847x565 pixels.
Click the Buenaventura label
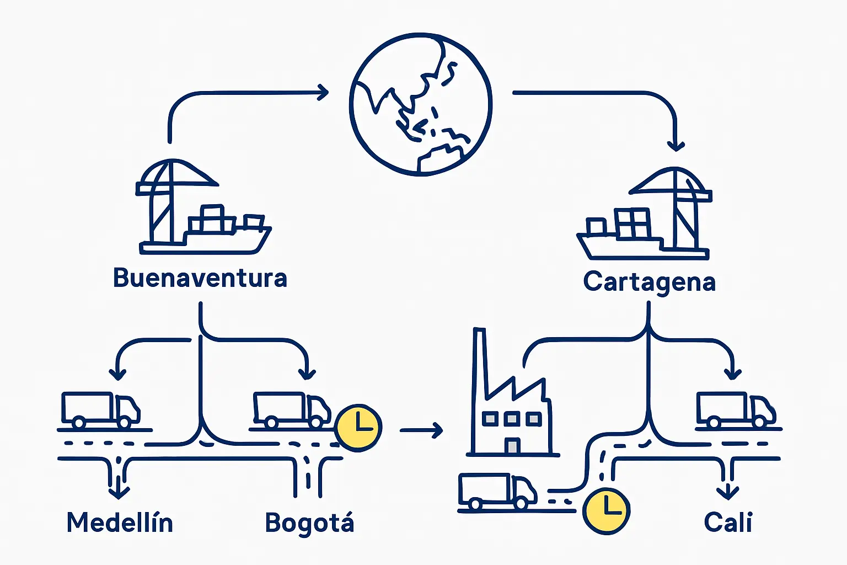click(200, 278)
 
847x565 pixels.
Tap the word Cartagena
click(649, 282)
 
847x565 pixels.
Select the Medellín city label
click(120, 523)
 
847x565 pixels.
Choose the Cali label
click(728, 522)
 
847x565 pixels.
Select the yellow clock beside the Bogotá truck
click(358, 428)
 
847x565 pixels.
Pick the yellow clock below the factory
click(606, 510)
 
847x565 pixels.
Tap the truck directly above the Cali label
click(736, 410)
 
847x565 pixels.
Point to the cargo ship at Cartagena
click(623, 237)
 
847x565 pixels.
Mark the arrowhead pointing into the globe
click(323, 92)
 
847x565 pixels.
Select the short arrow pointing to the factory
click(422, 429)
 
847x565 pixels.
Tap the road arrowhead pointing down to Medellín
click(119, 491)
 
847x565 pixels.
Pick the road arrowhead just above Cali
click(728, 492)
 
